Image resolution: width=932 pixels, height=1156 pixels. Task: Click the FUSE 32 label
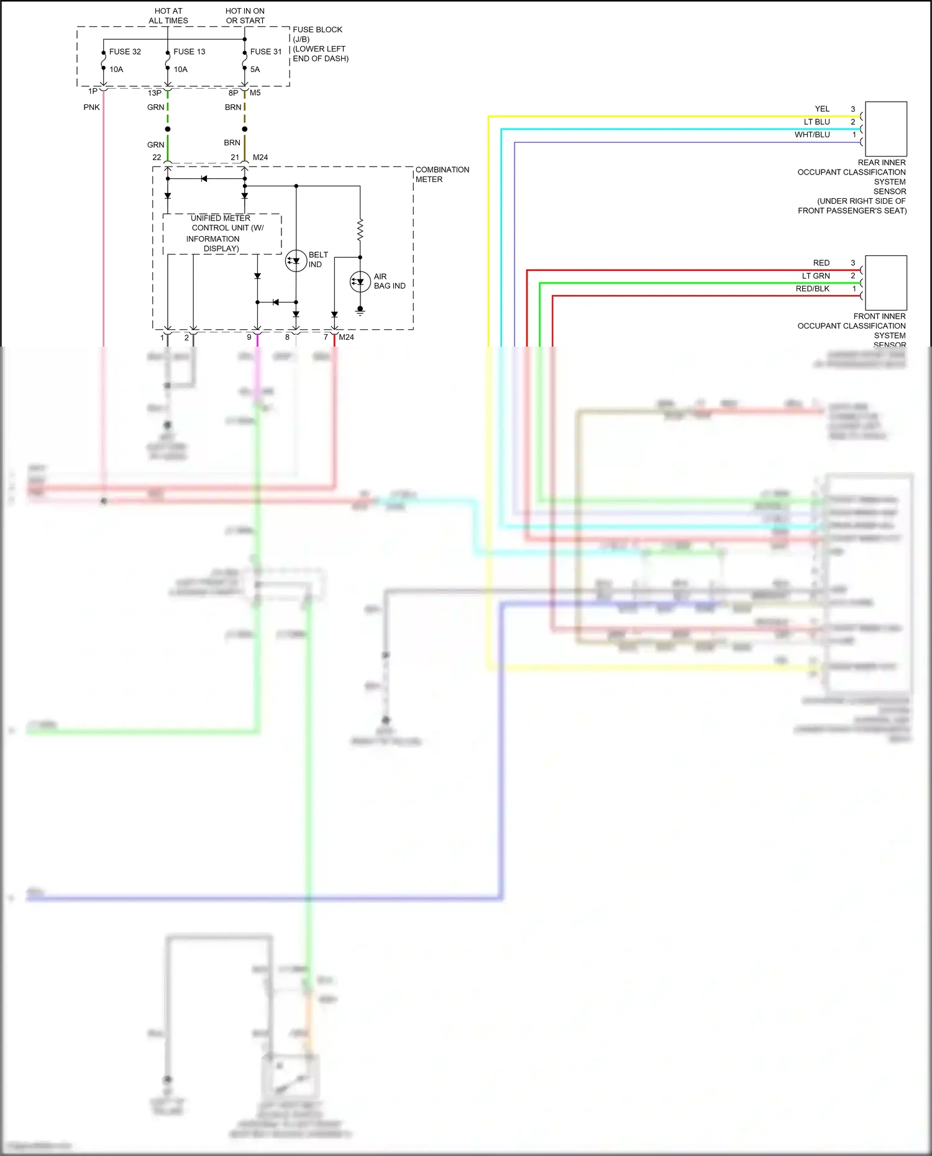click(125, 52)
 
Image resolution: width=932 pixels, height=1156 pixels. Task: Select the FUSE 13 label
click(189, 52)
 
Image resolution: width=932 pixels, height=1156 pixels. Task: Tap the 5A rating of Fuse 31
click(255, 70)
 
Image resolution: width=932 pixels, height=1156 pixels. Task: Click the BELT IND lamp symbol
click(296, 261)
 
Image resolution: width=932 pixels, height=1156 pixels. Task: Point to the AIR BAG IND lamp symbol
click(360, 282)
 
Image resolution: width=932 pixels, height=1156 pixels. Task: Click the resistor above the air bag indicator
click(360, 230)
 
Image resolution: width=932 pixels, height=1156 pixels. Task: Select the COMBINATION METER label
click(442, 175)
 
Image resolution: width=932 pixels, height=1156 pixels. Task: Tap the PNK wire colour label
click(91, 107)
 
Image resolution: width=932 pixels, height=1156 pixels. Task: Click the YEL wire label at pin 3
click(822, 109)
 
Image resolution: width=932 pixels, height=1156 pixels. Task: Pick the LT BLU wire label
click(816, 122)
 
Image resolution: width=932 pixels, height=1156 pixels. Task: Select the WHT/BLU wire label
click(812, 135)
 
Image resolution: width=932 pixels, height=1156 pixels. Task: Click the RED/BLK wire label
click(812, 289)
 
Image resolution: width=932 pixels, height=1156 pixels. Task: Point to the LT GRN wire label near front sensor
click(815, 276)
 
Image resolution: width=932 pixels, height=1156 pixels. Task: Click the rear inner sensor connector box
click(885, 129)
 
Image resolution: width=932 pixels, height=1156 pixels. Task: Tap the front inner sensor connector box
click(885, 283)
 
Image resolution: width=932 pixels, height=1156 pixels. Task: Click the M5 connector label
click(255, 93)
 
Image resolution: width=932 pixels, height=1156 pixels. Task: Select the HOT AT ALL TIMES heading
click(168, 16)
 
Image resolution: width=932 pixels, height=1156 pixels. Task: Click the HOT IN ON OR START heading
click(245, 16)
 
